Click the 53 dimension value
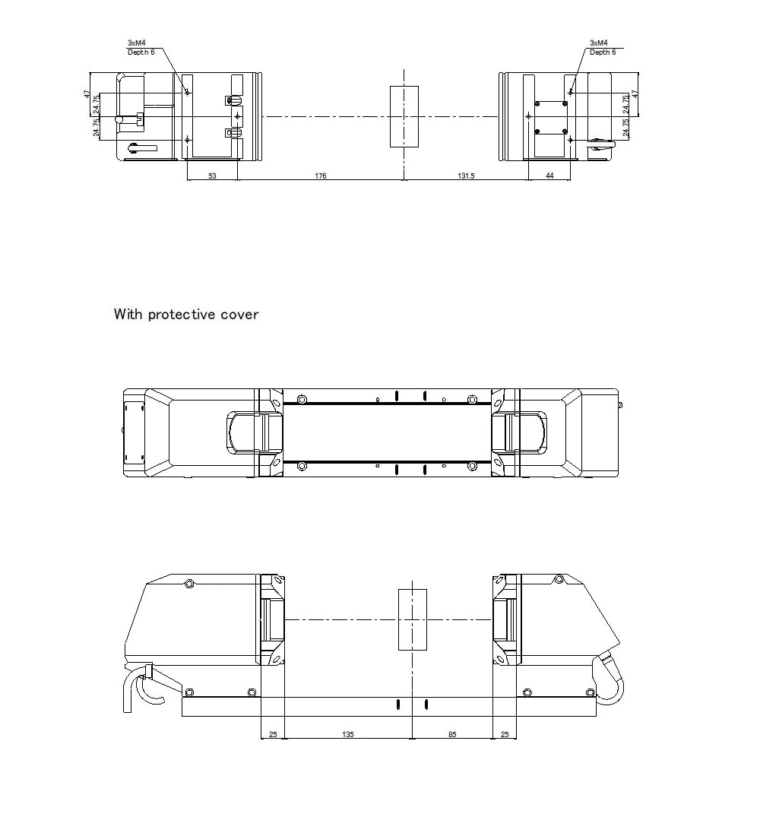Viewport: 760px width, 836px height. (212, 176)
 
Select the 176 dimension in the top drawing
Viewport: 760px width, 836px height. (320, 176)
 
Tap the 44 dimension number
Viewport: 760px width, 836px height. (549, 176)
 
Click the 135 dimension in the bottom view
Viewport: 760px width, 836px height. (347, 734)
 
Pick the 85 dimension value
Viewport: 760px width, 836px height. (452, 734)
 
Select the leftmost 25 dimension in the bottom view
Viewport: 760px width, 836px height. (272, 734)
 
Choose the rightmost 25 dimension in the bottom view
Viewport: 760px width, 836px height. (505, 734)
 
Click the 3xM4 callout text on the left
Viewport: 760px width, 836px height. (136, 43)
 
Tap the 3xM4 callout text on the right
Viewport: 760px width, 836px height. (598, 43)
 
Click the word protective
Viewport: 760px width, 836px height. (182, 314)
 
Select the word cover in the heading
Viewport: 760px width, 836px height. (239, 314)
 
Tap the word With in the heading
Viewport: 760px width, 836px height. (128, 314)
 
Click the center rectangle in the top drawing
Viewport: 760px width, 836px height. (404, 116)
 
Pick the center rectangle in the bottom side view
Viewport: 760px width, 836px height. (412, 619)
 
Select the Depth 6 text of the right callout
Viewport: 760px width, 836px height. (603, 52)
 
